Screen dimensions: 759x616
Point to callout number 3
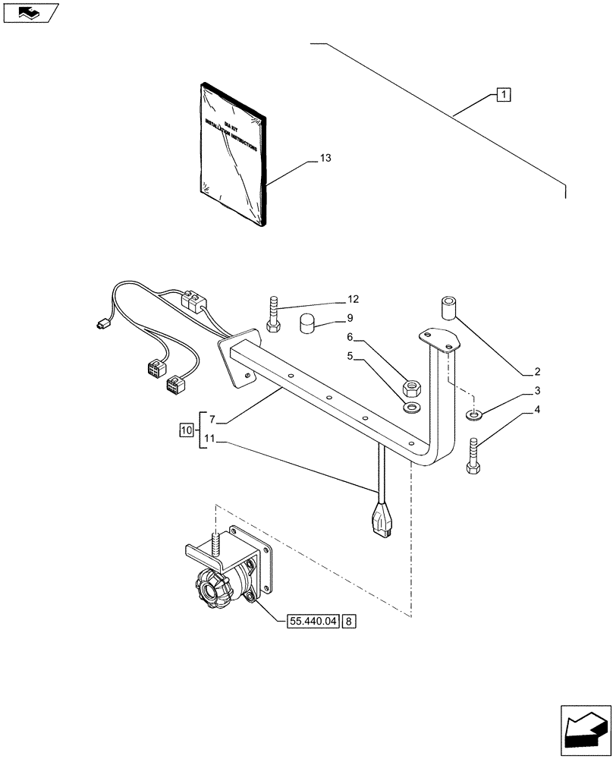pyautogui.click(x=537, y=391)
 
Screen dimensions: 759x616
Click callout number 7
pyautogui.click(x=212, y=419)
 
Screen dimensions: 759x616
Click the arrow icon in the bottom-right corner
pyautogui.click(x=584, y=729)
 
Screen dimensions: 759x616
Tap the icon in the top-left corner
pyautogui.click(x=30, y=13)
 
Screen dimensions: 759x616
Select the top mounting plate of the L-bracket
pyautogui.click(x=440, y=339)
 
